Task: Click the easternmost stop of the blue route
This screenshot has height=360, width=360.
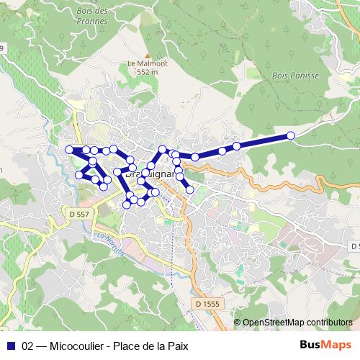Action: coord(291,135)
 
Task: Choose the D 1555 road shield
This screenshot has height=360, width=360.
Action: coord(207,305)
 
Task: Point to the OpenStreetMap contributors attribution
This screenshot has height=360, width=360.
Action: coord(297,323)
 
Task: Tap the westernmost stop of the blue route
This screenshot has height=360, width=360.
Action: coord(70,150)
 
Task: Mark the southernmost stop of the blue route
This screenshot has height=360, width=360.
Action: coord(127,204)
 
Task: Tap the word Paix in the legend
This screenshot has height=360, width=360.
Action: coord(176,346)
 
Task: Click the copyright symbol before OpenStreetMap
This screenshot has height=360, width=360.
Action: coord(238,323)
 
